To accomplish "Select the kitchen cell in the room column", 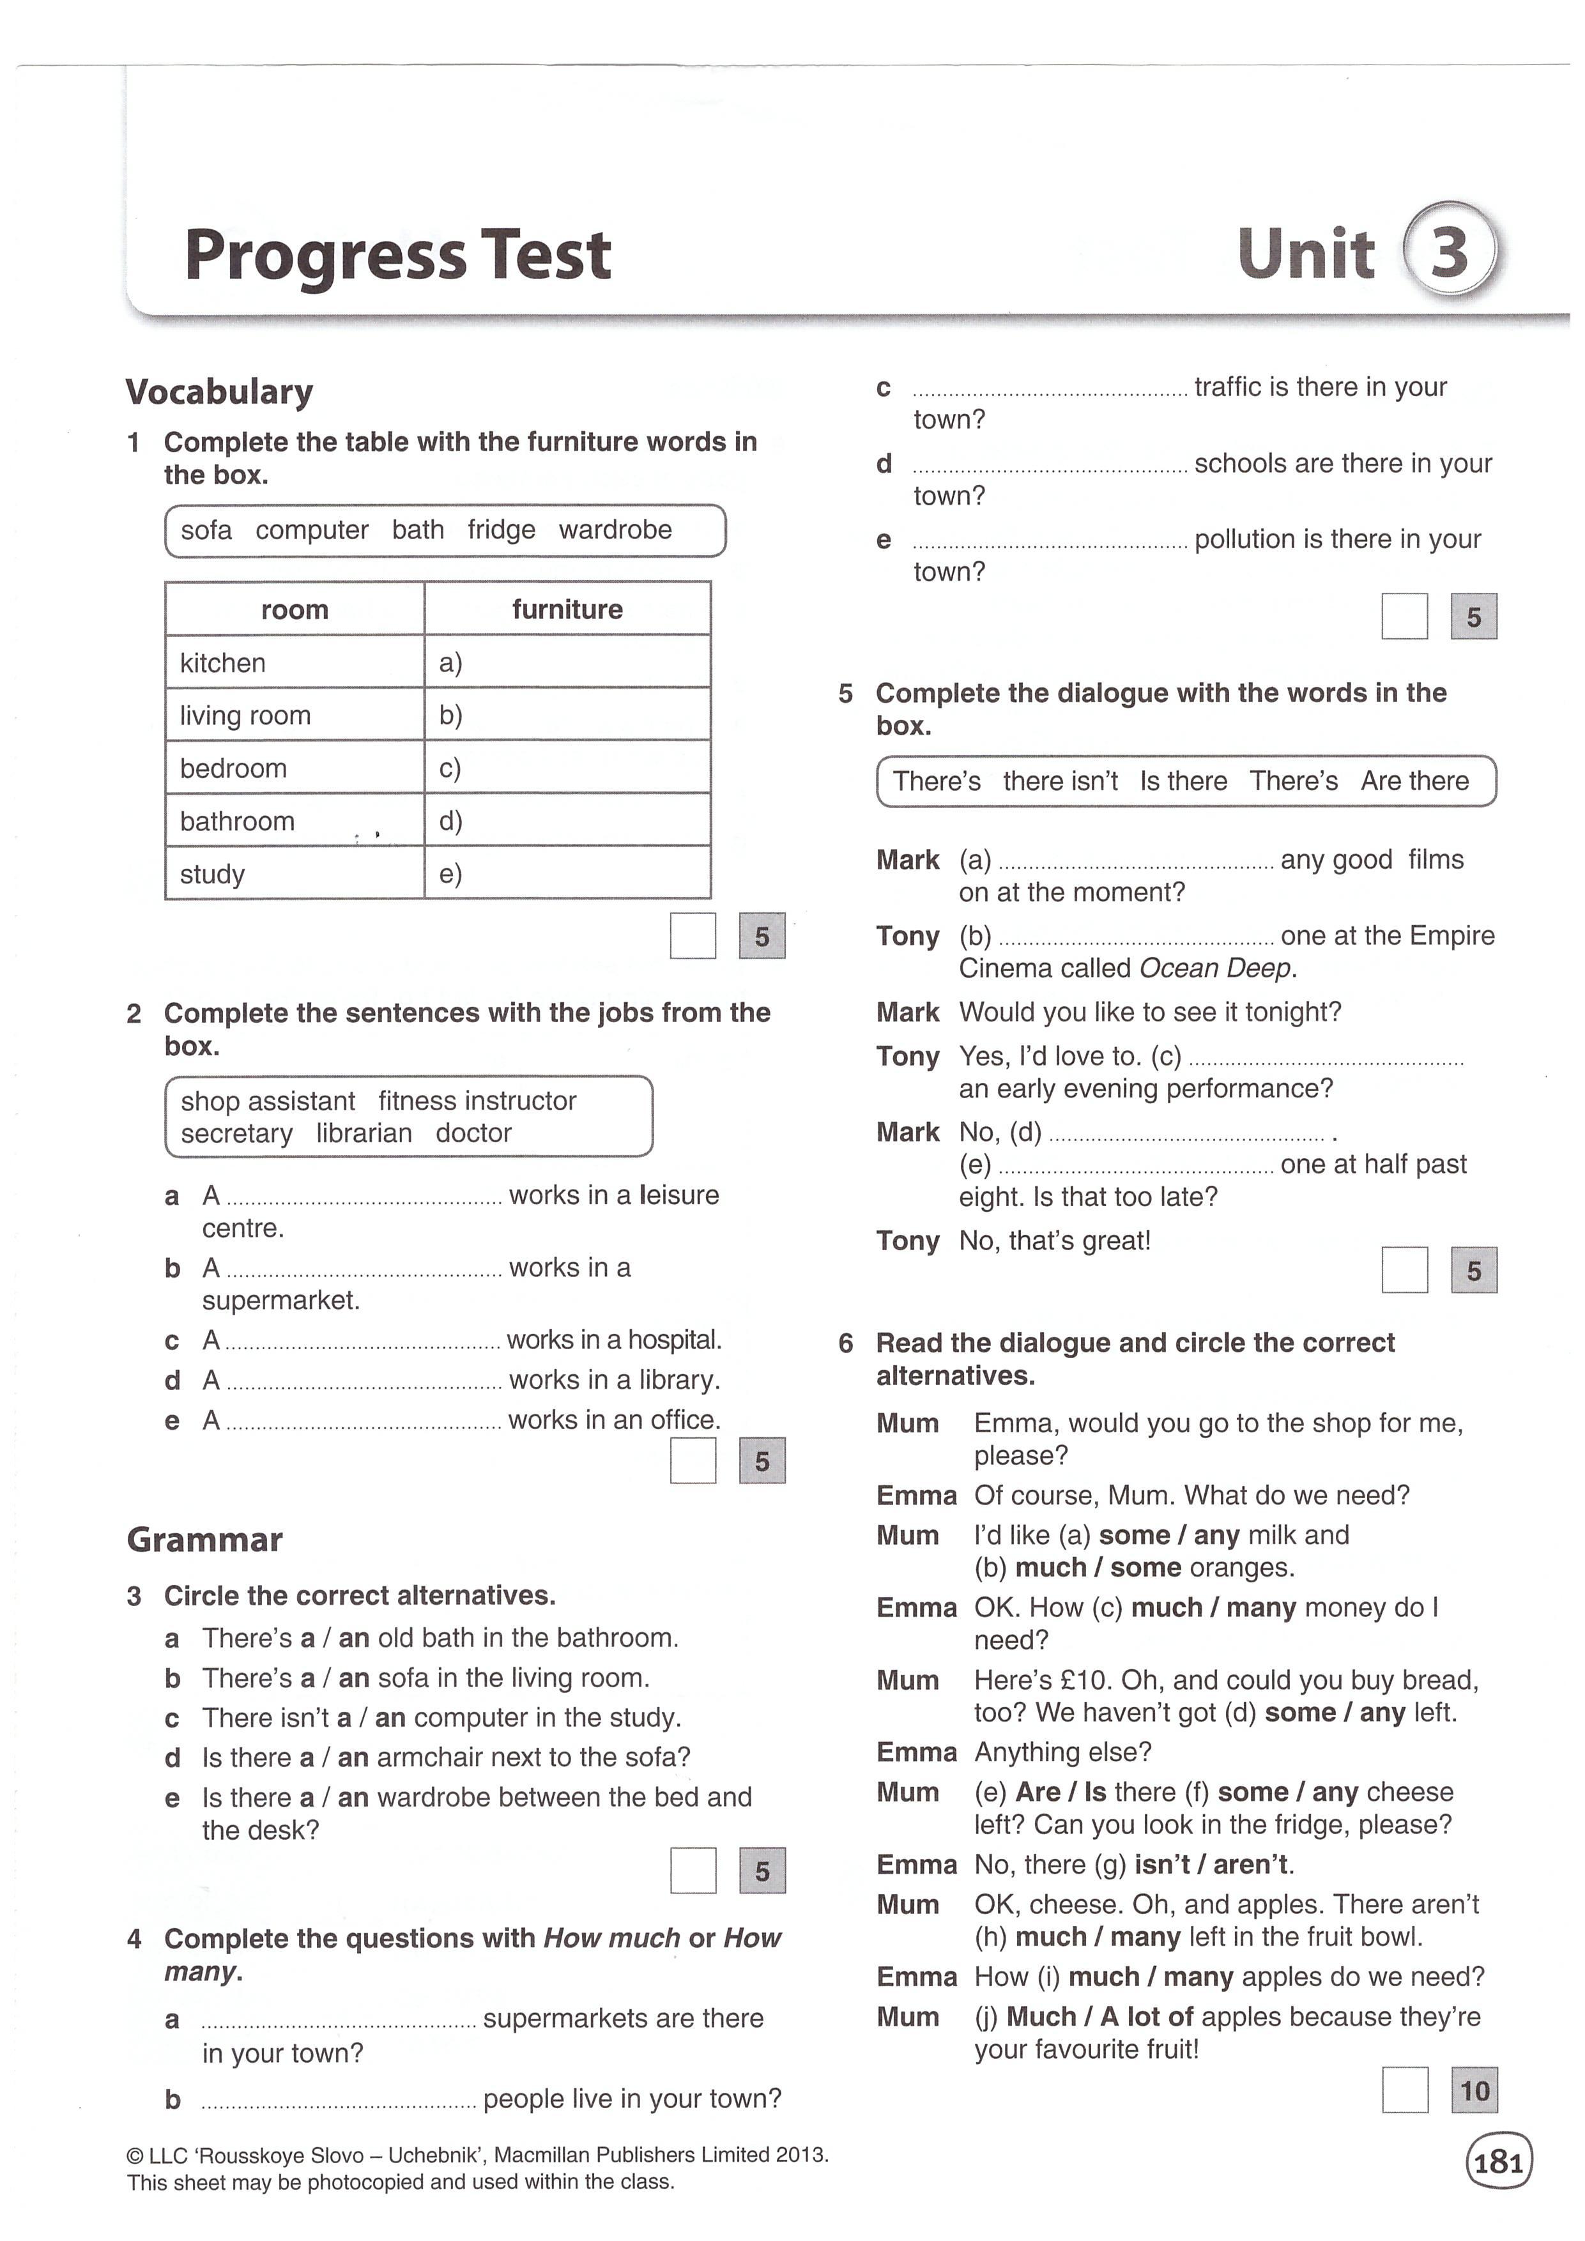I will [x=222, y=662].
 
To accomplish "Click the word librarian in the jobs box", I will [x=363, y=1133].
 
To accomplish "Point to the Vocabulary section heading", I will [x=220, y=392].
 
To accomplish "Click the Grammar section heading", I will [x=205, y=1539].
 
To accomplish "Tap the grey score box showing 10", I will [x=1474, y=2091].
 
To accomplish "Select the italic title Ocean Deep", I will [x=1215, y=968].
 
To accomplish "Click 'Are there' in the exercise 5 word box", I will [x=1414, y=781].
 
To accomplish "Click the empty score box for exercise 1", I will [x=693, y=936].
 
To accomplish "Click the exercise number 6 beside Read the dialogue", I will [x=845, y=1344].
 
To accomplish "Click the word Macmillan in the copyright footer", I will [x=540, y=2155].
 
